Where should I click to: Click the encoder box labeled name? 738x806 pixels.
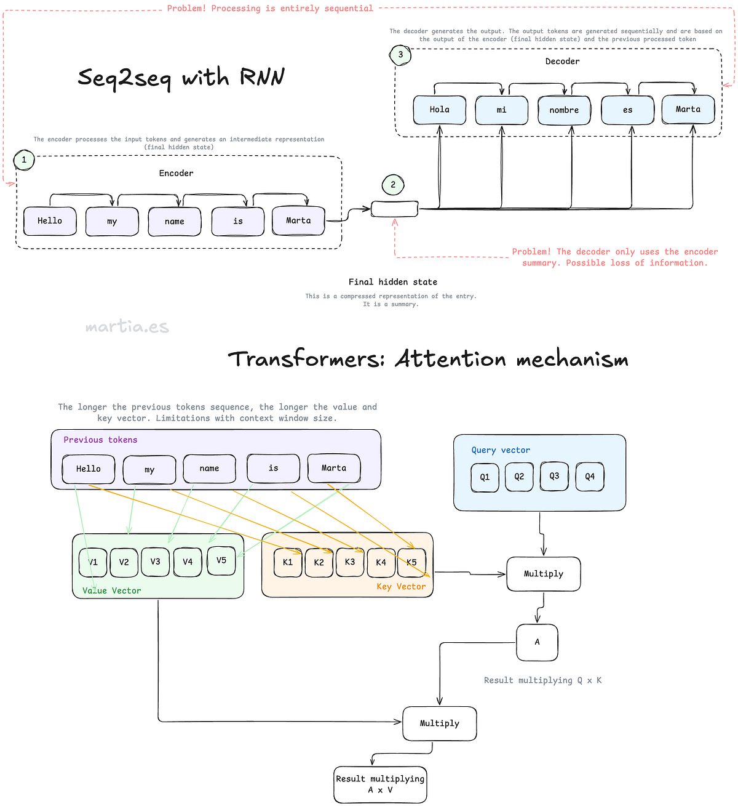click(x=175, y=222)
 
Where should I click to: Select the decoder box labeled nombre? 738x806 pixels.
click(x=564, y=110)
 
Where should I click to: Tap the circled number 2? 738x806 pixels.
click(x=394, y=185)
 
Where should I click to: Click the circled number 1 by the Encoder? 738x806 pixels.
click(x=24, y=160)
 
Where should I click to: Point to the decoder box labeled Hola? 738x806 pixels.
click(x=439, y=110)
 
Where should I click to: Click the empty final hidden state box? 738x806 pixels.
click(x=394, y=209)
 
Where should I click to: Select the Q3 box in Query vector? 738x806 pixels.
click(x=554, y=476)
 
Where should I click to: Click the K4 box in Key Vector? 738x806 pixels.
click(x=381, y=562)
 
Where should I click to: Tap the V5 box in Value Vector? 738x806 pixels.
click(x=221, y=560)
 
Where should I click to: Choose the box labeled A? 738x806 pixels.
click(x=537, y=642)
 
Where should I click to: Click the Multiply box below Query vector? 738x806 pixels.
click(x=543, y=574)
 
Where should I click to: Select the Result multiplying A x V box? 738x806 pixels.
click(x=380, y=784)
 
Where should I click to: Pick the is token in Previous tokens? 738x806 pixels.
click(x=273, y=469)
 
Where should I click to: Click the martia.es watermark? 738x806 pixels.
click(x=127, y=327)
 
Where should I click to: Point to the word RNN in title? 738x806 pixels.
click(x=262, y=77)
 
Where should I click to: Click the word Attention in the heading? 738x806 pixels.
click(x=450, y=358)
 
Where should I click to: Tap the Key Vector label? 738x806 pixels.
click(x=401, y=587)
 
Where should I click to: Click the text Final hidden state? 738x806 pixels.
click(x=392, y=282)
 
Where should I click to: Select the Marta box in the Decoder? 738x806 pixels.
click(x=688, y=110)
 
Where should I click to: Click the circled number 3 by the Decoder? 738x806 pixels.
click(x=400, y=55)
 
